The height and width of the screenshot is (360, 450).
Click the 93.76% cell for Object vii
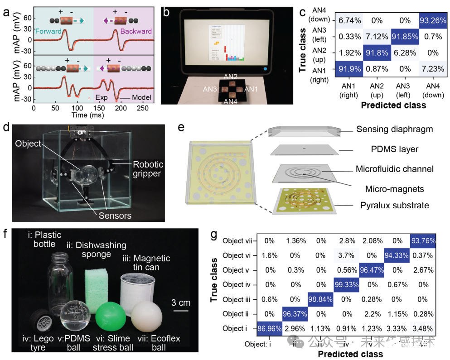[424, 241]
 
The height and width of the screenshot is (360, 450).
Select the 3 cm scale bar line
[180, 311]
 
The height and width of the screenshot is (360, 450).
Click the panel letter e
[181, 127]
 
